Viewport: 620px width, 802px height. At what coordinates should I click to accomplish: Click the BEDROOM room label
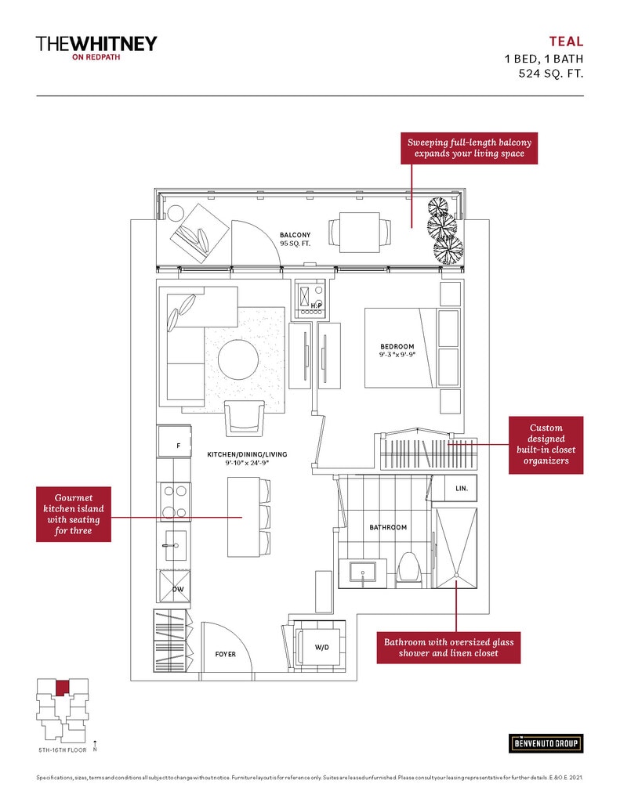click(397, 346)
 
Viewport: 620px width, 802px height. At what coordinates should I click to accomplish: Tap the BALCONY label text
click(295, 235)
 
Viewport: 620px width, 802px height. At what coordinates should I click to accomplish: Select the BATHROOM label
click(388, 527)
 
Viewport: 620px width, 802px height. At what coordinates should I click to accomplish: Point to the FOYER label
click(226, 653)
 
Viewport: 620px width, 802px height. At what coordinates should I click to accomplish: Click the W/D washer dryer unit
click(321, 647)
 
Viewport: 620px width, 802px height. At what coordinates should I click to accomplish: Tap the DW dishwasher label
click(177, 589)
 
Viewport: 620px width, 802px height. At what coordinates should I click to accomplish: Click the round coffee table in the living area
click(237, 360)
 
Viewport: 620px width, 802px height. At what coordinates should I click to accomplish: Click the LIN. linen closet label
click(461, 488)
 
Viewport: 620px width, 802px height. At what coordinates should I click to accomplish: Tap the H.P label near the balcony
click(317, 304)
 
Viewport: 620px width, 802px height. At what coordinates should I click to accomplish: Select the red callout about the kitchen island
click(74, 514)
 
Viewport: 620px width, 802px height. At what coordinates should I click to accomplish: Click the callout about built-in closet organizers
click(546, 445)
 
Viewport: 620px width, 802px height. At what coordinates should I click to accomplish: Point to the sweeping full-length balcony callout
click(469, 148)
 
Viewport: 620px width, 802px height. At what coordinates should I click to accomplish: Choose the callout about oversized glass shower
click(448, 647)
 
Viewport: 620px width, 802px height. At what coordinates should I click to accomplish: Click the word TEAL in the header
click(566, 42)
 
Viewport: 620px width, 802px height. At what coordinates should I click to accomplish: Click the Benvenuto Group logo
click(546, 742)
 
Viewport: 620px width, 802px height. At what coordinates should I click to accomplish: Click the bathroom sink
click(364, 571)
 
